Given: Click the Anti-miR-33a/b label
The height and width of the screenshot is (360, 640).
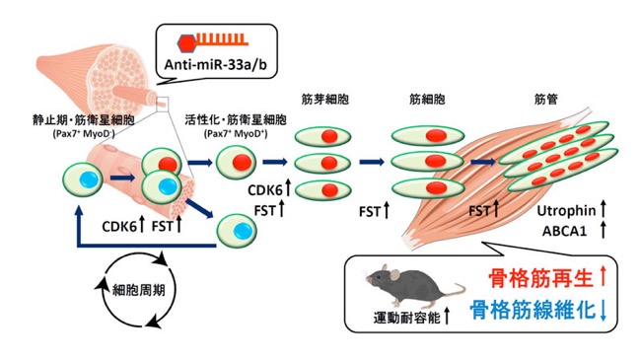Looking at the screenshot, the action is tap(216, 64).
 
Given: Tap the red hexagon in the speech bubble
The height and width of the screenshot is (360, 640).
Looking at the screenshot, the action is tap(187, 42).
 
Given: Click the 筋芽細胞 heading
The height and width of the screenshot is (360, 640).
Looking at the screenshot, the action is tap(324, 100).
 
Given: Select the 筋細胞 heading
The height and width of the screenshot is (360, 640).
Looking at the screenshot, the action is tap(427, 100).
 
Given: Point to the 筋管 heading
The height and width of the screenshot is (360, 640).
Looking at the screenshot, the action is tap(545, 100).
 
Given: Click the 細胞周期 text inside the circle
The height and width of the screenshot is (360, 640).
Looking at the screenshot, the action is tap(139, 290).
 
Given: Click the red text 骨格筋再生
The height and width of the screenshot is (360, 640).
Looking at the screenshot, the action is tap(540, 278).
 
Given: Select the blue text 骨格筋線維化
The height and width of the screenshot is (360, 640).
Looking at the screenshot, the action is tap(533, 311).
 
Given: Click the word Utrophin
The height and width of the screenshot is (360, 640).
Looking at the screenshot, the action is tap(566, 211).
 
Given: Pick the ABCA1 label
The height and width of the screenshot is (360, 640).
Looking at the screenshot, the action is tap(564, 231).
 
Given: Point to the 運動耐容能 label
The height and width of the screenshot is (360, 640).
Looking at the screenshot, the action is tap(406, 318).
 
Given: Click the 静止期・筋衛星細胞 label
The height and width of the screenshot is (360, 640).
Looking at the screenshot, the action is tap(84, 120).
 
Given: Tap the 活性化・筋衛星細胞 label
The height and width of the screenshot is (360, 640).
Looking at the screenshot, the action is tap(236, 119).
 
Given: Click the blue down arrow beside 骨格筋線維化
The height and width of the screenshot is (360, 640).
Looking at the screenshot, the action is tap(604, 311).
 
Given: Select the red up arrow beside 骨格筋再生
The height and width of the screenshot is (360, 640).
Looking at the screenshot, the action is tap(604, 277).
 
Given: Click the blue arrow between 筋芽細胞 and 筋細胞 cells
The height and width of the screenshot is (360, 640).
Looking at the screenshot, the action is tap(372, 162).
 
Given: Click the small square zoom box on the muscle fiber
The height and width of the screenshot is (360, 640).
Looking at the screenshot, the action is tap(163, 104).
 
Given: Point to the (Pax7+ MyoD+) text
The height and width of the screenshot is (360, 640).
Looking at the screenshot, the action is tap(236, 133).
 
